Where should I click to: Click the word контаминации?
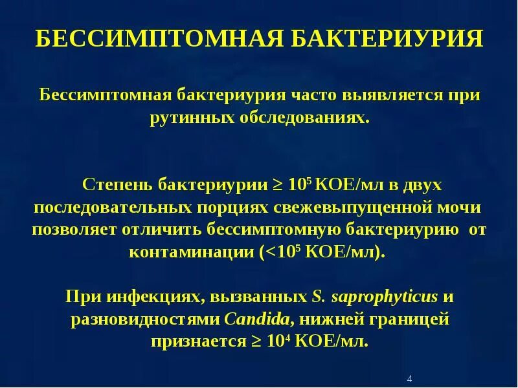coord(201,252)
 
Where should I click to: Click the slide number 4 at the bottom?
coord(411,378)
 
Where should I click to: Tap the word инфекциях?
coord(146,297)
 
